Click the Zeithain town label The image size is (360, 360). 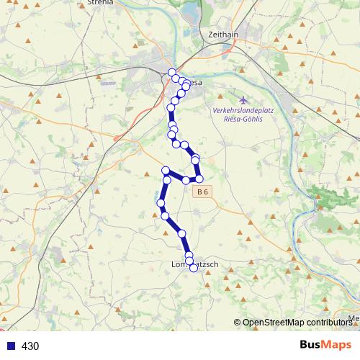click(x=222, y=34)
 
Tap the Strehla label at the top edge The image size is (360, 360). click(x=99, y=3)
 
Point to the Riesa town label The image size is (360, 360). click(x=194, y=83)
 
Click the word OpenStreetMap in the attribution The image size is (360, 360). click(x=277, y=323)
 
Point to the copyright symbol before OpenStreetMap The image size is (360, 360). click(x=237, y=323)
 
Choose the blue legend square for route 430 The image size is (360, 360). click(x=10, y=346)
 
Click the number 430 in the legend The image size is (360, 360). click(x=30, y=346)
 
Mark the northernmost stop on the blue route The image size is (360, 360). click(x=171, y=72)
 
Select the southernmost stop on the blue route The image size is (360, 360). click(x=192, y=269)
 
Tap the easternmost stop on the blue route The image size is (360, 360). click(x=199, y=179)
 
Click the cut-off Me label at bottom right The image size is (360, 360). click(x=354, y=318)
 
